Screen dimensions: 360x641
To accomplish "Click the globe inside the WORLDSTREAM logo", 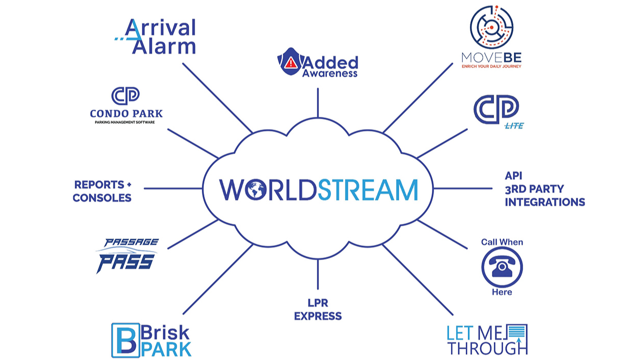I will click(255, 189).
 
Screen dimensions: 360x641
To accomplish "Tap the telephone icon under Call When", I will click(502, 267).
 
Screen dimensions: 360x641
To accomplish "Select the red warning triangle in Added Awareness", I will click(291, 62).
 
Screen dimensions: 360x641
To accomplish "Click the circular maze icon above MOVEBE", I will click(491, 27).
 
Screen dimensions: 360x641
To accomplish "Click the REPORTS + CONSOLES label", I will click(102, 191).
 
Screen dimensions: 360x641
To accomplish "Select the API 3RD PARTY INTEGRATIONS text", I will click(544, 189).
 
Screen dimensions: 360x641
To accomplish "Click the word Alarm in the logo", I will click(164, 46).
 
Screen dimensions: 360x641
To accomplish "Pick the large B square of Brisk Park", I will click(125, 340).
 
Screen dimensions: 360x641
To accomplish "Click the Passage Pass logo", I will click(127, 256).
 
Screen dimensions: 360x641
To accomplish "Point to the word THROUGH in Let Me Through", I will click(487, 348).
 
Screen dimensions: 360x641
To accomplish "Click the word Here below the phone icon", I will click(502, 292).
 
